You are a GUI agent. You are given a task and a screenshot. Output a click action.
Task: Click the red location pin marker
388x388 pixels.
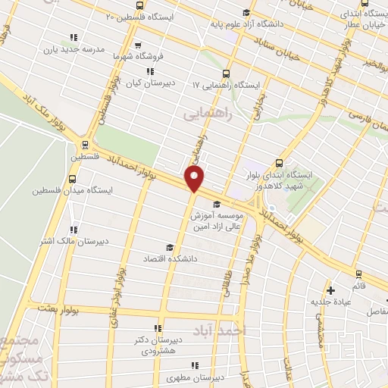(196, 179)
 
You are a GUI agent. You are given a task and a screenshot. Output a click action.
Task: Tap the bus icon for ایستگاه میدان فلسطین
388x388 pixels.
(72, 180)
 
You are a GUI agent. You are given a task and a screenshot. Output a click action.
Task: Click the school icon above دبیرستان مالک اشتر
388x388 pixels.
(74, 230)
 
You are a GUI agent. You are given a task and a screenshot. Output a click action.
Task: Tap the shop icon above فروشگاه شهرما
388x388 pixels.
(138, 45)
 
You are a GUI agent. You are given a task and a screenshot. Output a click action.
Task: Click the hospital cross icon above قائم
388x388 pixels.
(330, 289)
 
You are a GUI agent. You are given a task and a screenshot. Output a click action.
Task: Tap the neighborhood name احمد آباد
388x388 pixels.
(246, 330)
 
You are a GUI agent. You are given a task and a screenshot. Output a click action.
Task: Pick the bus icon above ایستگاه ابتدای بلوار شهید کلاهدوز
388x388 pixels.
(280, 163)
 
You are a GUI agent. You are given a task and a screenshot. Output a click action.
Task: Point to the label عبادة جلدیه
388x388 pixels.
(331, 302)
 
